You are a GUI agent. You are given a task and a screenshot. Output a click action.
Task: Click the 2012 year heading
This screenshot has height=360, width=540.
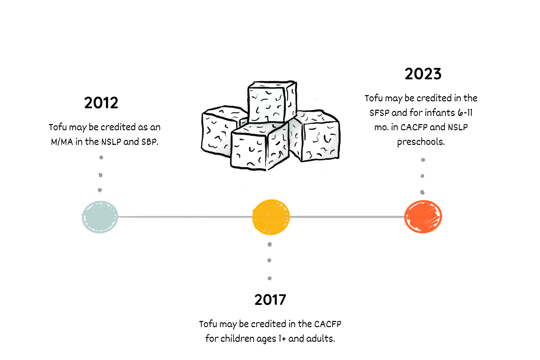(101, 103)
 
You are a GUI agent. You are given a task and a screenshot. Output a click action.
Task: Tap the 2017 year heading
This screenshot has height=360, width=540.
(270, 300)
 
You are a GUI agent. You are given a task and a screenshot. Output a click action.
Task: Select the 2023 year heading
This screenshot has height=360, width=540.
(423, 74)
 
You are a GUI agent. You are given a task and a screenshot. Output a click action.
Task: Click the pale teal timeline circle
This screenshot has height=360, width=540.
(100, 217)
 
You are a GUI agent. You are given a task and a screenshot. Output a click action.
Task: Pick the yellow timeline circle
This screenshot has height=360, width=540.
(271, 217)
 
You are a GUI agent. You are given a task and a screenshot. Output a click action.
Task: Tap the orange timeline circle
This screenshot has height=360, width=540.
(423, 217)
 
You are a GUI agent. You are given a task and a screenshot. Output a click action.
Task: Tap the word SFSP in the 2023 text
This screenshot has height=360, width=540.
(379, 113)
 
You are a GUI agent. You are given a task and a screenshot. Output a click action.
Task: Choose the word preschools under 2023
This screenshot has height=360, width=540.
(421, 142)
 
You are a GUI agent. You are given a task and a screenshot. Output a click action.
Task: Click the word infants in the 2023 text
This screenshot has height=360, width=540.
(440, 113)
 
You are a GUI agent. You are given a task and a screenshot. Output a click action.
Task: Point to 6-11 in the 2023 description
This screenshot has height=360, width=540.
(465, 113)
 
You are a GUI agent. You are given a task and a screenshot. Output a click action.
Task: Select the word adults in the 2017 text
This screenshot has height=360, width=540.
(320, 339)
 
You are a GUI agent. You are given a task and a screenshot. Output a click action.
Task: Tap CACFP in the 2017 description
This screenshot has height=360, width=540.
(328, 324)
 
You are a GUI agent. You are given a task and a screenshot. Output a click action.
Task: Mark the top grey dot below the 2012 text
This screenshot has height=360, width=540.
(101, 157)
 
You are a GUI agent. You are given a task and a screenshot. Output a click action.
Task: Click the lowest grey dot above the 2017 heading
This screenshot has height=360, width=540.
(269, 278)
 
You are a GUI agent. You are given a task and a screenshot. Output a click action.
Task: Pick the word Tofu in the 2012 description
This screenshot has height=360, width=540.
(58, 127)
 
